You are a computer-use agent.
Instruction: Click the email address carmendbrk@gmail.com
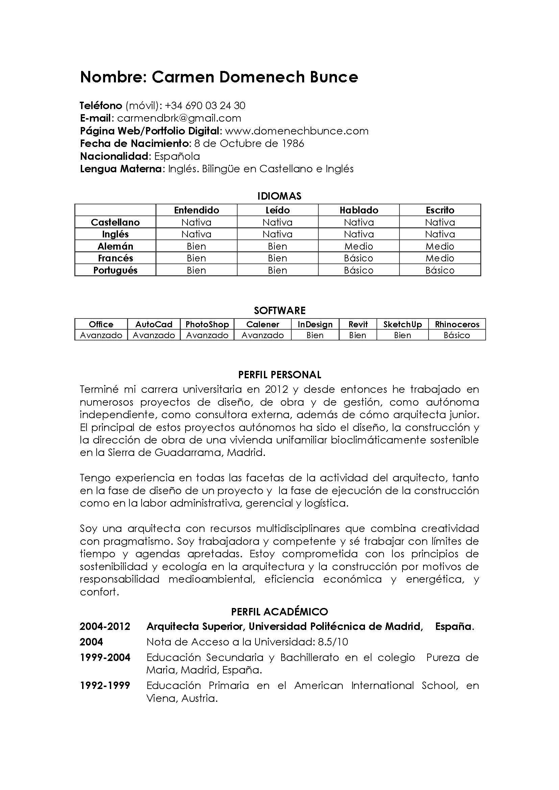point(179,118)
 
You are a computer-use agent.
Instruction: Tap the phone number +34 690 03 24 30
point(205,106)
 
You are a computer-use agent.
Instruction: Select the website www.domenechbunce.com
point(296,131)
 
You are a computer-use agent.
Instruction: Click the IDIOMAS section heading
point(279,196)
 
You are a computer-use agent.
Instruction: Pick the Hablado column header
point(359,210)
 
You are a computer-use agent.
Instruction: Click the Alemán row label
point(115,246)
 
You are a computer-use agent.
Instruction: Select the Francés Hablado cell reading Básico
point(359,258)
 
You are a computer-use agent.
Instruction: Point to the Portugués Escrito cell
point(440,270)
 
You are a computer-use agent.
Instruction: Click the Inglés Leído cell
point(277,234)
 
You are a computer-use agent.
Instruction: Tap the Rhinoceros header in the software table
point(457,325)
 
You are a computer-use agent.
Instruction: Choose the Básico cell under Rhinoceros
point(457,335)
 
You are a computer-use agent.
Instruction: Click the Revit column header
point(358,325)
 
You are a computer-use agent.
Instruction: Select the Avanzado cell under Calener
point(263,335)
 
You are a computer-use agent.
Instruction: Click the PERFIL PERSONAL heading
point(279,375)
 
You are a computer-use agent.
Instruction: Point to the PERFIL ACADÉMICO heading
point(279,612)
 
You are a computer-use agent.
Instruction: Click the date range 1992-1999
point(105,686)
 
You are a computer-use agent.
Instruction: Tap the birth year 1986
point(293,144)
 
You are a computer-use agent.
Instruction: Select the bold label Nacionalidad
point(115,157)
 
